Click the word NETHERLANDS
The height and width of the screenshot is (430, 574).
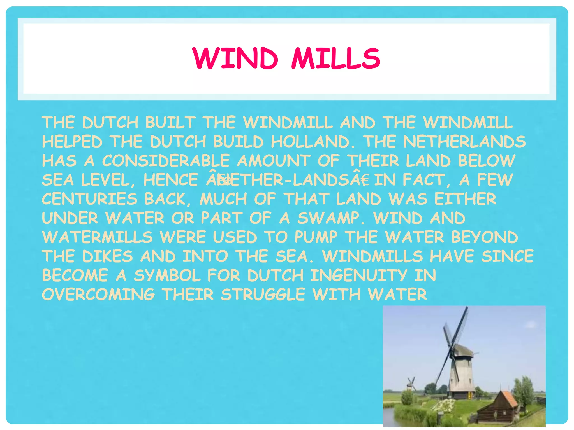(x=464, y=142)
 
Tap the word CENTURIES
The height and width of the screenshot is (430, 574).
(x=90, y=199)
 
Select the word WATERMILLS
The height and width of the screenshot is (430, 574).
(x=97, y=237)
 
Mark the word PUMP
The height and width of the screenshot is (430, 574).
(x=316, y=237)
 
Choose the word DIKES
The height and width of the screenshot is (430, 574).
(x=107, y=256)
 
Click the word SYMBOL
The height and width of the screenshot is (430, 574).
(x=167, y=275)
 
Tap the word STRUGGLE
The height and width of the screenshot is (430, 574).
(x=263, y=295)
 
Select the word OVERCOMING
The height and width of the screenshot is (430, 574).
(x=98, y=295)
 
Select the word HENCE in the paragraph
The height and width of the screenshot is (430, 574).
(x=171, y=180)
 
